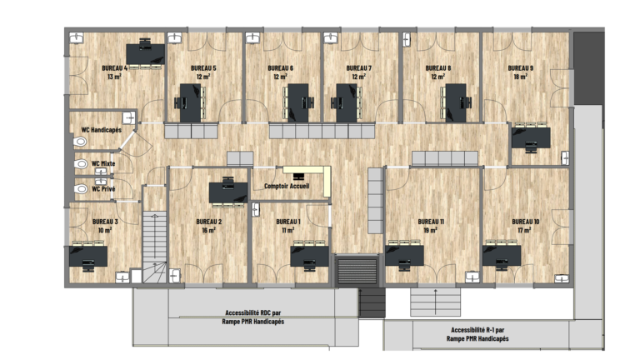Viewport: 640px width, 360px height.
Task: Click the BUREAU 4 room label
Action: [x=115, y=67]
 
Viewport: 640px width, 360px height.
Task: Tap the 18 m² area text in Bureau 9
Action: [x=520, y=77]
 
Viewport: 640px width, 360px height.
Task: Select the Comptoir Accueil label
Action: [x=287, y=186]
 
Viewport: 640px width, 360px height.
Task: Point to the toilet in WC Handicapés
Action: [x=80, y=142]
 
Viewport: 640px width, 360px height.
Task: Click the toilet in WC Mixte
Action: [x=81, y=163]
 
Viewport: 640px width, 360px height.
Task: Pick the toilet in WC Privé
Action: [x=81, y=188]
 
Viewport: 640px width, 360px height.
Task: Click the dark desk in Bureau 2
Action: [x=228, y=192]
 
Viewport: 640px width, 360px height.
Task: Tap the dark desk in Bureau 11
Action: [x=404, y=256]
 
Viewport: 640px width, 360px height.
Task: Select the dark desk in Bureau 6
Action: [x=298, y=102]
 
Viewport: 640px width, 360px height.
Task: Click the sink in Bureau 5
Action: [x=175, y=38]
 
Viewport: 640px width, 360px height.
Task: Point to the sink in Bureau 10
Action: [x=562, y=278]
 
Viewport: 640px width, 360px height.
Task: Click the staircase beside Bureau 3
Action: [x=155, y=247]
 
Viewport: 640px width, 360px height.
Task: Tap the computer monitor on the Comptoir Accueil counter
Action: [x=299, y=177]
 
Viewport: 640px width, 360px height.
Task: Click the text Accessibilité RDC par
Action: [x=253, y=312]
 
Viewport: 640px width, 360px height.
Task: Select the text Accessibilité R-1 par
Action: [x=477, y=330]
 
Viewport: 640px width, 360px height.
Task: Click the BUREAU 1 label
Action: [x=288, y=222]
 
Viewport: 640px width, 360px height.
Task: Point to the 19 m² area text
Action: [x=431, y=230]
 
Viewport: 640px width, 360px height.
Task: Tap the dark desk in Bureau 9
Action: [x=531, y=138]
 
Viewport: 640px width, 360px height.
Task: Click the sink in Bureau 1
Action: [x=256, y=209]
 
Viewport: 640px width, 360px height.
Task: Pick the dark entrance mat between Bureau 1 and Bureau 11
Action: [x=357, y=270]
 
